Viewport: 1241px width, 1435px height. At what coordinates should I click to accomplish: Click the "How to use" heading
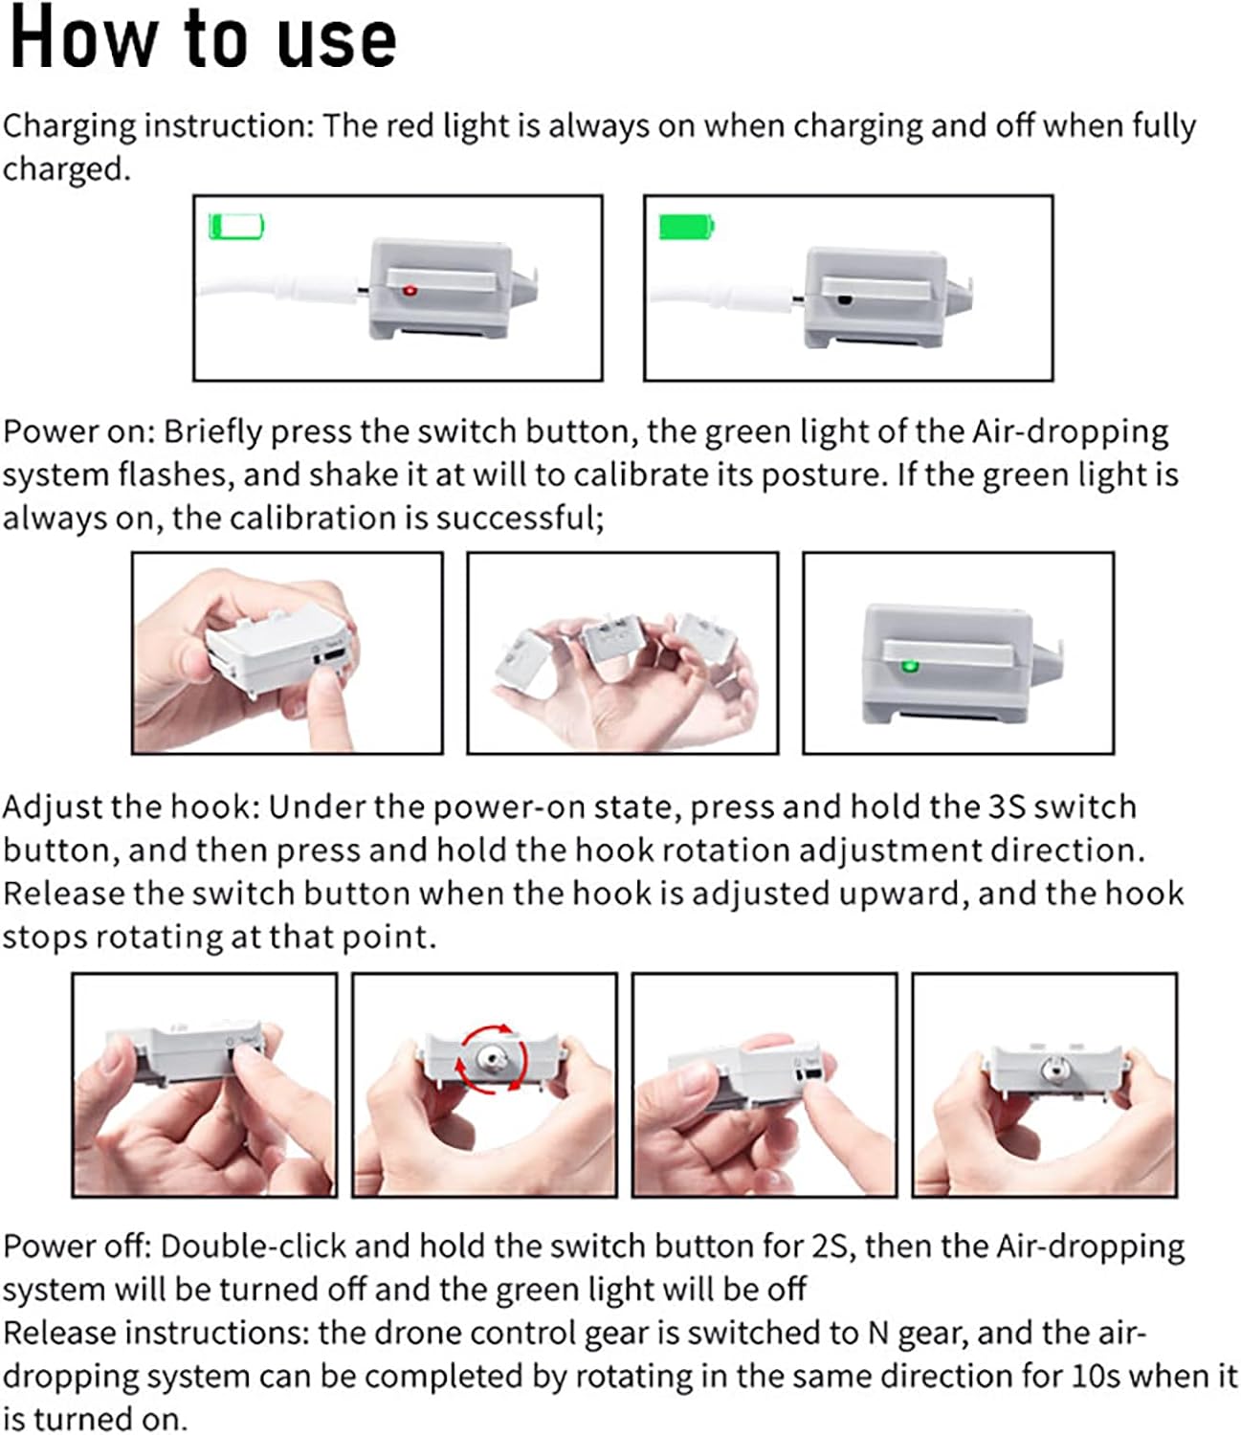coord(203,39)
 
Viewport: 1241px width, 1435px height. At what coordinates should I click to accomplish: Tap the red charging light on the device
coord(410,291)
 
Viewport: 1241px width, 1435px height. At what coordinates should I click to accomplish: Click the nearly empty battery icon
coord(236,227)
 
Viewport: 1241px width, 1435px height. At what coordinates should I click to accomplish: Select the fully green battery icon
coord(686,227)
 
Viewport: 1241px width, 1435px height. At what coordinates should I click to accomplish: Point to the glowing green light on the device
coord(908,667)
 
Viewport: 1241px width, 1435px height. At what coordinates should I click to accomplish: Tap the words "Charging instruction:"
coord(159,126)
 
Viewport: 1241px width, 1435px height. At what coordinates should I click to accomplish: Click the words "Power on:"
coord(79,431)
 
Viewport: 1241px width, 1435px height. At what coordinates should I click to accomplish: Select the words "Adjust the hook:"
coord(131,808)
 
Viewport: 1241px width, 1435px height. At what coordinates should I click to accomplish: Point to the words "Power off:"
coord(78,1247)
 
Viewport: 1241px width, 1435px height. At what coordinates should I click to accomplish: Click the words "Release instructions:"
coord(156,1334)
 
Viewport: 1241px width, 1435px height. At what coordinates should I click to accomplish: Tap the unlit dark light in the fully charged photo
coord(845,300)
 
